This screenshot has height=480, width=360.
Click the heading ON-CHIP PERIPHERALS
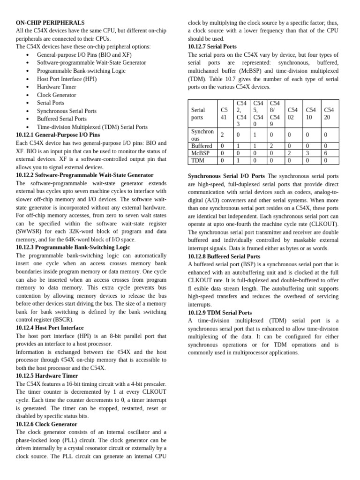coord(50,22)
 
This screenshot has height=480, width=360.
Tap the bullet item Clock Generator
coord(56,95)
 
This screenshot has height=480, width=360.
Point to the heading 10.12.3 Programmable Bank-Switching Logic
coord(73,247)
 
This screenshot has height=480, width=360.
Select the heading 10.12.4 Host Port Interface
coord(50,328)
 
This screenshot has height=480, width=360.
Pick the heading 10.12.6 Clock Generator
coord(46,424)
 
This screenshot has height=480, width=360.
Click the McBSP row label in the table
coord(200,153)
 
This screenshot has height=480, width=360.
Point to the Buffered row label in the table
coord(202,146)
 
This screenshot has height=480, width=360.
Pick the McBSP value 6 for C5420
coord(326,153)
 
